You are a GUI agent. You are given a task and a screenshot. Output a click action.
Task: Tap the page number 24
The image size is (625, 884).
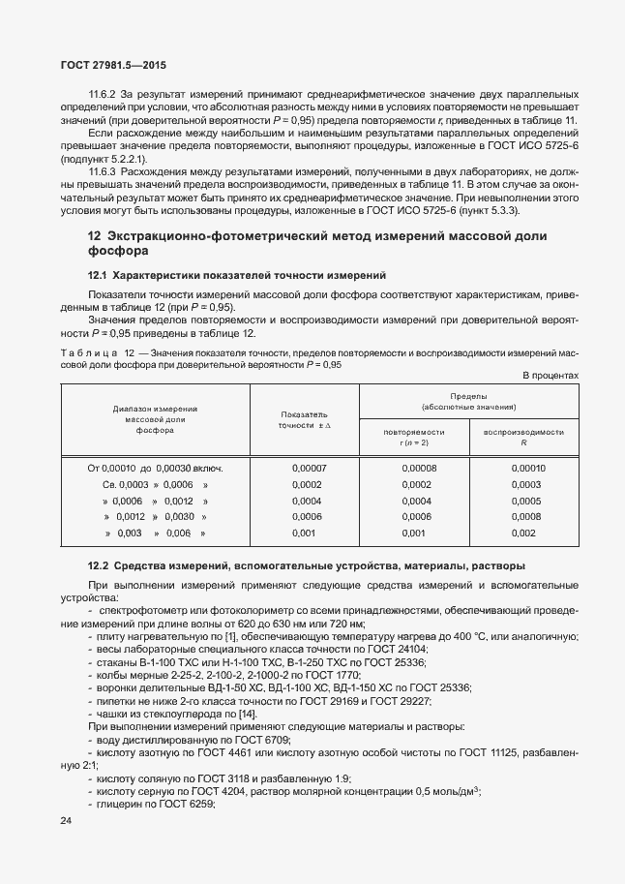coord(67,821)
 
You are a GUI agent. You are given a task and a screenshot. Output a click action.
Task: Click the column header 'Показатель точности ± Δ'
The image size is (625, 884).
coord(305,419)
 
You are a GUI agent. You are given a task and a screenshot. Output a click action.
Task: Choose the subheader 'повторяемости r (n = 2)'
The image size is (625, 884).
coord(413,436)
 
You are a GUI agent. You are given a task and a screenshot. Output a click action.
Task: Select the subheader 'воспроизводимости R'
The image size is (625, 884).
coord(523,436)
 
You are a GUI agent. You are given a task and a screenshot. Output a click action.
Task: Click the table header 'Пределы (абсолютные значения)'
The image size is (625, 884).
coord(468,402)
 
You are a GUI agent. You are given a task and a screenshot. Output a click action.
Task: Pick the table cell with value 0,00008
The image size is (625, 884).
coord(419,468)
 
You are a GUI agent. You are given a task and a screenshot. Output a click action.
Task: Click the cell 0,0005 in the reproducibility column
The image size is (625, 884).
coord(526,501)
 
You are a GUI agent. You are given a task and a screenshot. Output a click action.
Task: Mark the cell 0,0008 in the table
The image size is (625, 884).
coord(526,517)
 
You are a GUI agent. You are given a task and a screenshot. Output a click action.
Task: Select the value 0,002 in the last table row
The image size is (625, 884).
coord(522,533)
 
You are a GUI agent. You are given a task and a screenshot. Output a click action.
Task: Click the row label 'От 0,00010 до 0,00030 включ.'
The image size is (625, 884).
coord(155,468)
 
